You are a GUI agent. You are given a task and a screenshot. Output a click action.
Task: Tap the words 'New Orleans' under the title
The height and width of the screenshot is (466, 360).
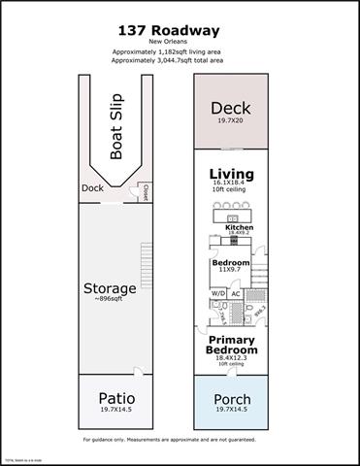[x=180, y=41]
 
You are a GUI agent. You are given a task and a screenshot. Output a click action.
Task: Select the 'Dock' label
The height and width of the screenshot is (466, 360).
[x=92, y=188]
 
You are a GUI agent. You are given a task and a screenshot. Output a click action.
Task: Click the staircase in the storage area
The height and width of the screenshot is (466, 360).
[x=147, y=259]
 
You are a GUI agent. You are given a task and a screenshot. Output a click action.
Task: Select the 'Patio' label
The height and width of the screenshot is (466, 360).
[x=117, y=399]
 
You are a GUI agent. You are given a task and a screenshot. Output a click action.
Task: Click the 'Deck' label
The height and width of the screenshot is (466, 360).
[x=232, y=109]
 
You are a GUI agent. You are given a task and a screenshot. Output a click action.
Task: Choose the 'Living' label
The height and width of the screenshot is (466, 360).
[x=232, y=175]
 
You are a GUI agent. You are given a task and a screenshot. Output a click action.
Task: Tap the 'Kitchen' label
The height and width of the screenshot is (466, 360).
[x=240, y=228]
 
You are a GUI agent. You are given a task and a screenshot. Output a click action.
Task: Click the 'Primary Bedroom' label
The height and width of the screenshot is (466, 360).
[x=232, y=347]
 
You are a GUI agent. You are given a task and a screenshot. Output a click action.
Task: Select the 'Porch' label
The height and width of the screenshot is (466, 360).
[x=232, y=399]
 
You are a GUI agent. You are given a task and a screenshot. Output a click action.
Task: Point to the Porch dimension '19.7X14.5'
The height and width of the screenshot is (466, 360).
[x=232, y=411]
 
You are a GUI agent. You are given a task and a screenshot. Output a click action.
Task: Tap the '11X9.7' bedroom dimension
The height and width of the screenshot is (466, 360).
[x=231, y=273]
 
